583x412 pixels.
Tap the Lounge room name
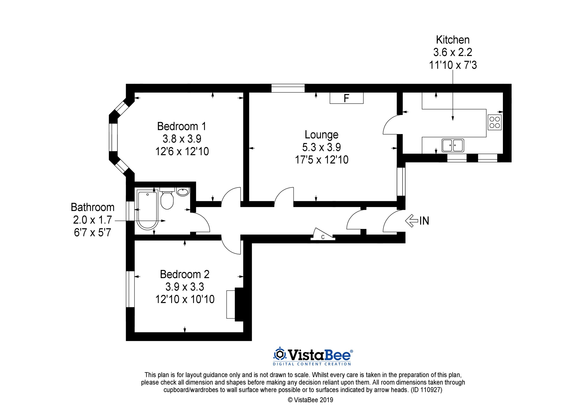(x=321, y=135)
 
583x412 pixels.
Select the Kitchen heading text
(x=453, y=40)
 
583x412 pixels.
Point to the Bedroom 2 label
(x=185, y=274)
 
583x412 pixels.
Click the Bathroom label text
(x=93, y=207)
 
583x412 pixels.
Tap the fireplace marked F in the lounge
(x=346, y=98)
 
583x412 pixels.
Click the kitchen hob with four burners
(x=494, y=122)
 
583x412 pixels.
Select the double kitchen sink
(x=453, y=145)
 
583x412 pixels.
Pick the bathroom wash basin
(x=183, y=192)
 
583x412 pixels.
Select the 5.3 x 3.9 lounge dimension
(x=321, y=147)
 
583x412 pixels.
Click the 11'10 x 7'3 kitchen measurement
(x=453, y=65)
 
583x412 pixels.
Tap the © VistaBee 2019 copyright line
(x=310, y=400)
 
